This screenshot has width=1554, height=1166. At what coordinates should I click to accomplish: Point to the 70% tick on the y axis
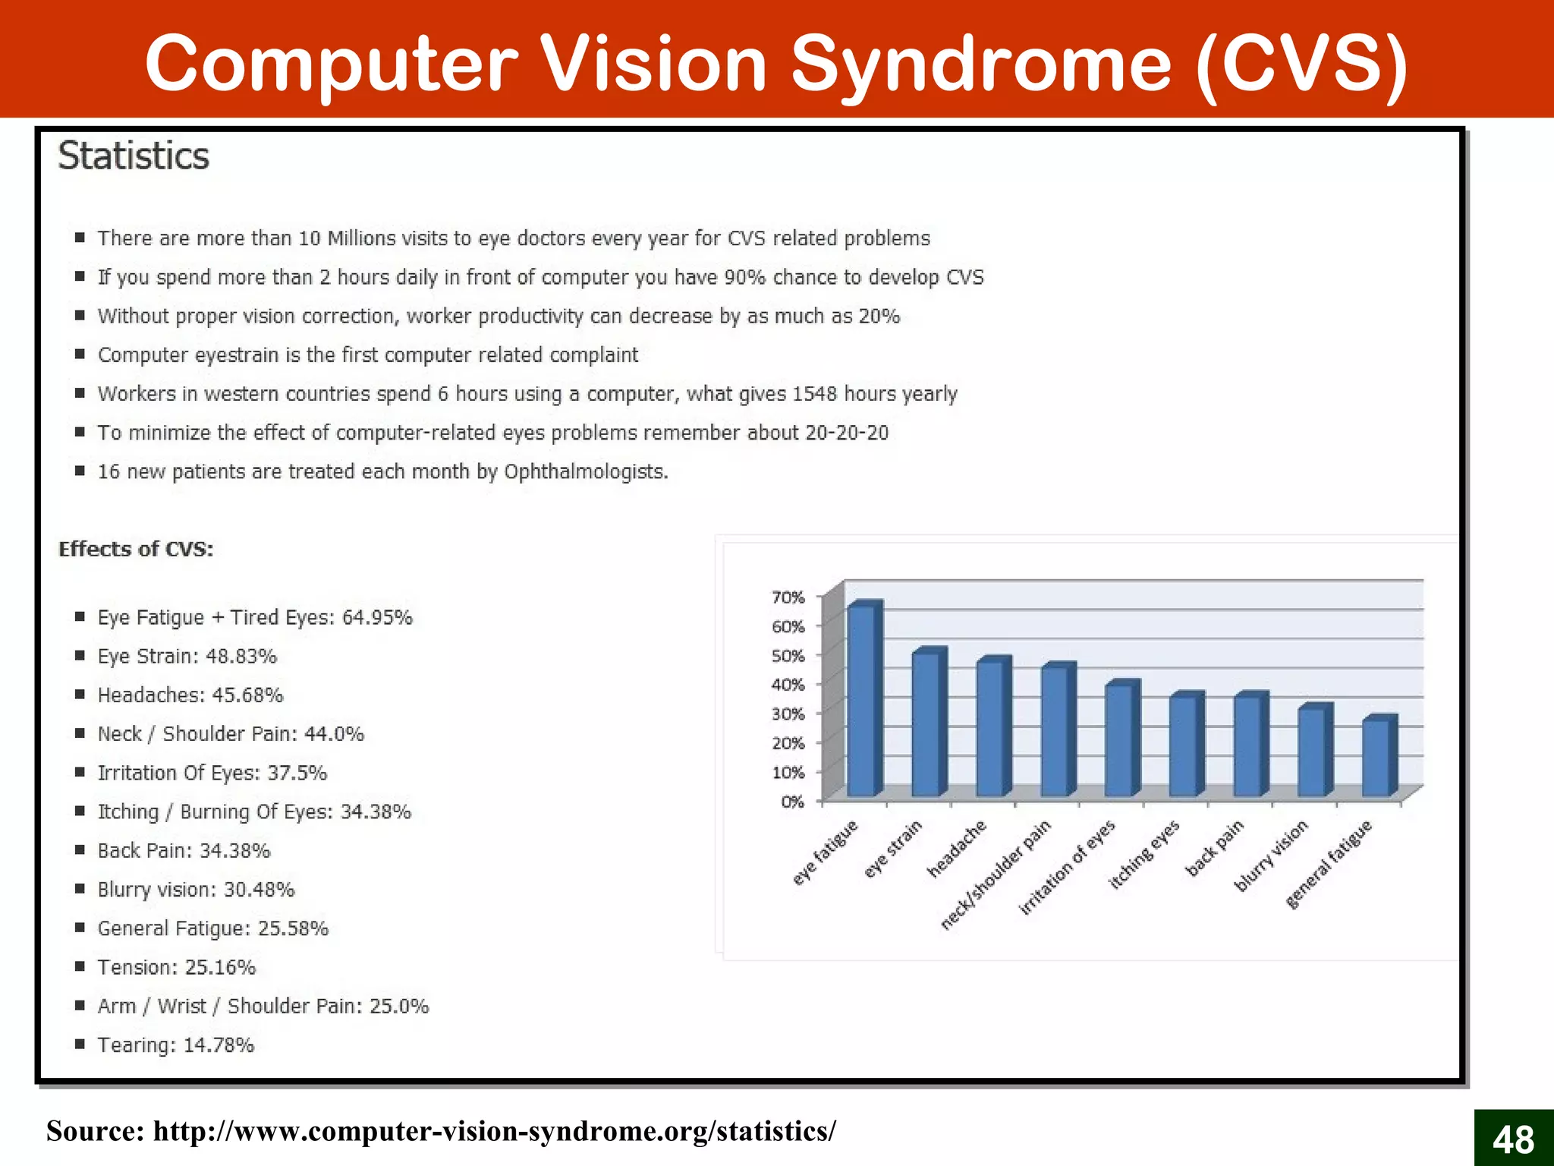click(x=788, y=597)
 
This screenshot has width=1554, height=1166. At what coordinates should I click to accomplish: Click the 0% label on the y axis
click(x=792, y=802)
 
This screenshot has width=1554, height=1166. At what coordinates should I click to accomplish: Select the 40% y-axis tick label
click(x=788, y=685)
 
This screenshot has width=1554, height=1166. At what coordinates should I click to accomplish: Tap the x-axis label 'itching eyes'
click(x=1144, y=854)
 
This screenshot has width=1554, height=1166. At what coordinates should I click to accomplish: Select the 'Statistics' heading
click(x=134, y=156)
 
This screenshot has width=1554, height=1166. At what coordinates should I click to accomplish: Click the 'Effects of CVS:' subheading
click(x=137, y=549)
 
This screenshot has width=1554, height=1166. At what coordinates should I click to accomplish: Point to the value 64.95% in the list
click(x=377, y=617)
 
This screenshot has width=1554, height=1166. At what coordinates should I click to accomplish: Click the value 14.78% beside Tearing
click(x=219, y=1045)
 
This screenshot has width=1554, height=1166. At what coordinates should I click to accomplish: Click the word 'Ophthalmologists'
click(x=584, y=471)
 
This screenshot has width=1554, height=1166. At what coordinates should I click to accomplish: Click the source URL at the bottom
click(x=495, y=1131)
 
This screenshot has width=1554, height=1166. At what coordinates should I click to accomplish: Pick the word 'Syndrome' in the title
click(x=982, y=64)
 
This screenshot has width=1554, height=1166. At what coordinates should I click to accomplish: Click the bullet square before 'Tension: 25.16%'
click(x=80, y=966)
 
